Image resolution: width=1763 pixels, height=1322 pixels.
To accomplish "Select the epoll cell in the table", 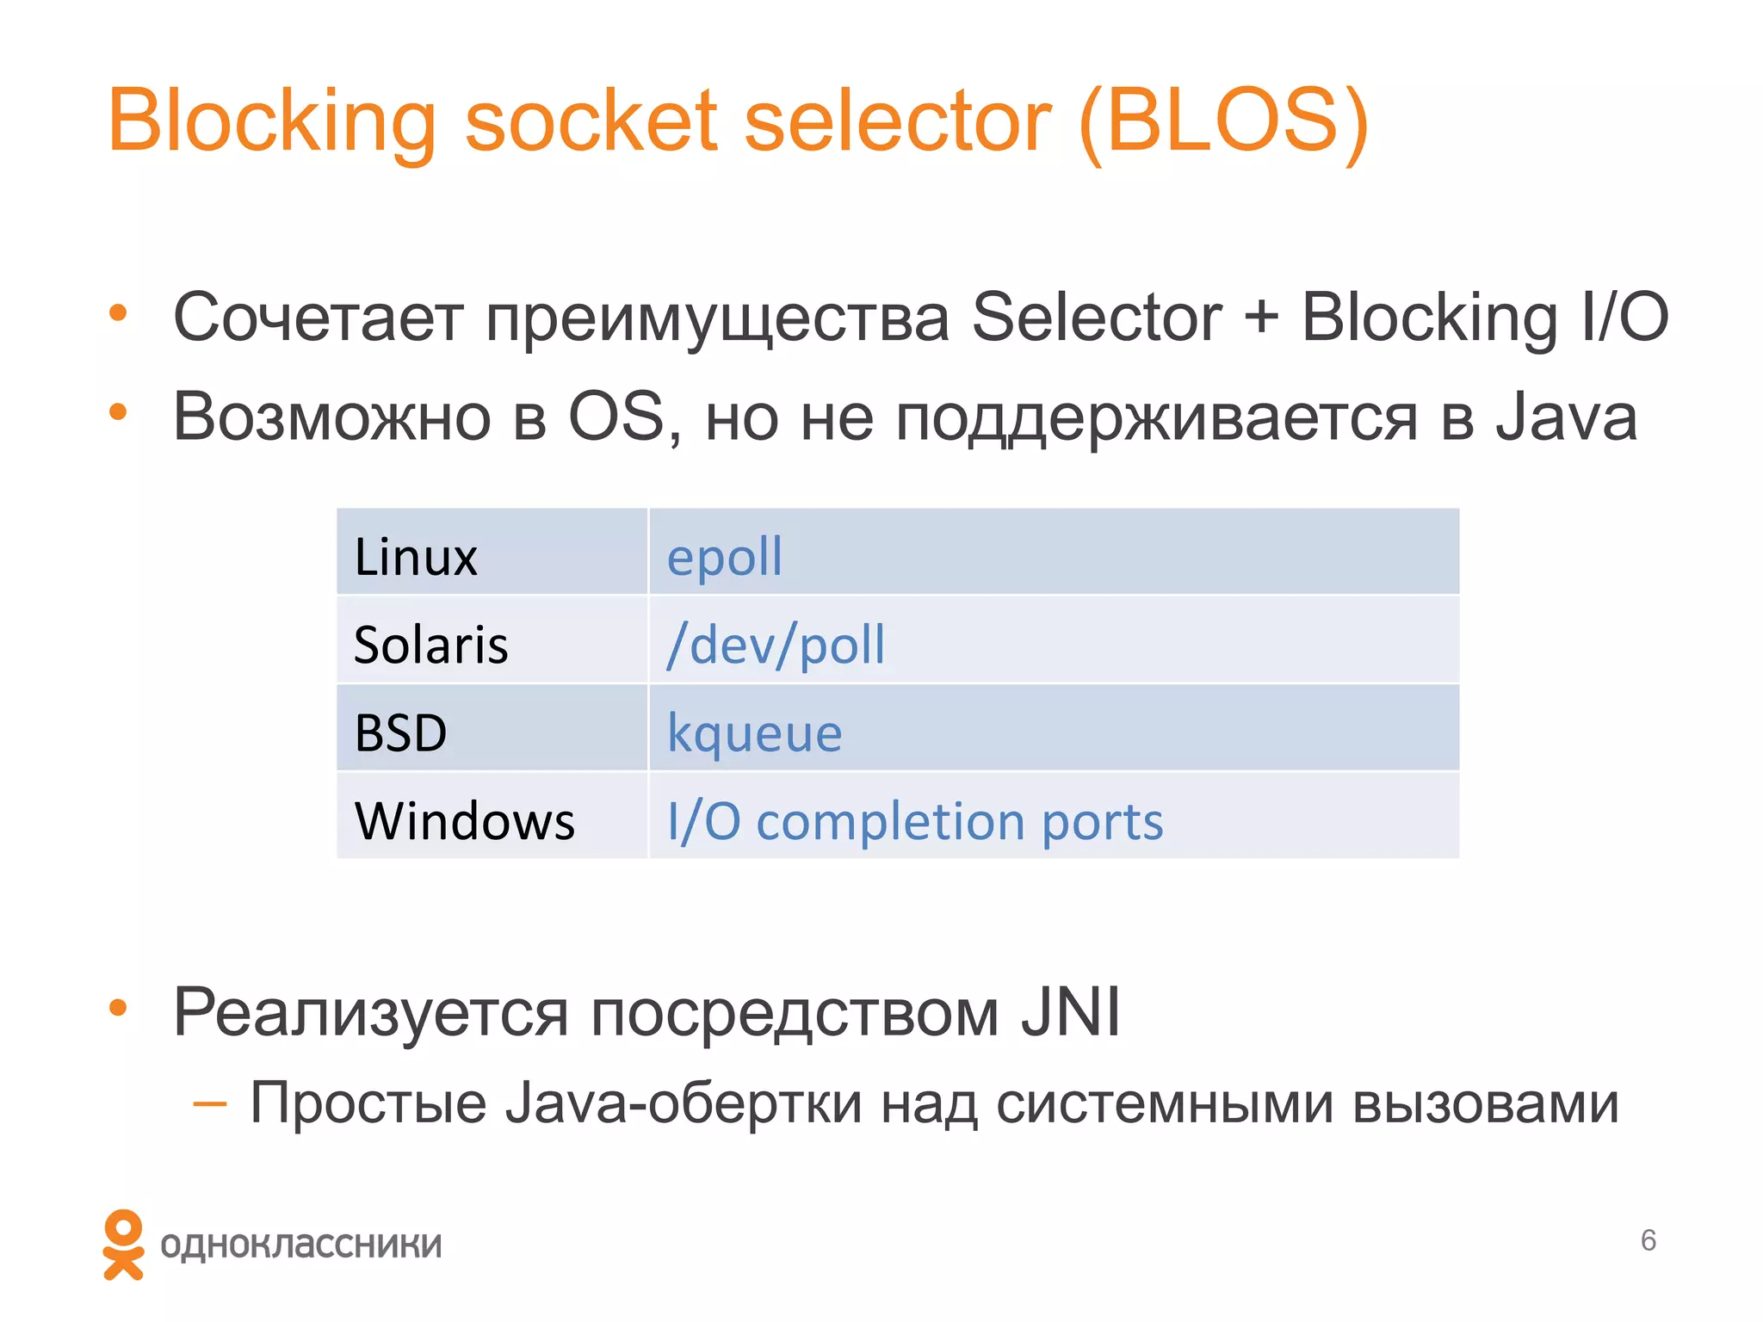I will tap(725, 557).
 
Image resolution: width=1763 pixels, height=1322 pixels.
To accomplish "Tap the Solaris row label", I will tap(430, 645).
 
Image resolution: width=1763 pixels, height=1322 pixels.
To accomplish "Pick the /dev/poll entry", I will tap(776, 645).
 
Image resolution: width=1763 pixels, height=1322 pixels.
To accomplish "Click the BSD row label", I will tap(400, 733).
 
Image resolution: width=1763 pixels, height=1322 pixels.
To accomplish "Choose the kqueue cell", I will tap(754, 734).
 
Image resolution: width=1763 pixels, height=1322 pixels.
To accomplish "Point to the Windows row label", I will tap(464, 821).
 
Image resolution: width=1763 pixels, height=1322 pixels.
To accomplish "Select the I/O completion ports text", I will tap(915, 821).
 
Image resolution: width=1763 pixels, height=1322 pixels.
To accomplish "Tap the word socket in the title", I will tap(591, 120).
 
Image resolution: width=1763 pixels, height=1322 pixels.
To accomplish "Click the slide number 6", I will tap(1648, 1240).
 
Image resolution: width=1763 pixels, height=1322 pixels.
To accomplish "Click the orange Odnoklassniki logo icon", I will tap(123, 1245).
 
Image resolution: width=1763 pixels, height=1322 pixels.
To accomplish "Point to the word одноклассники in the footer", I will tap(300, 1245).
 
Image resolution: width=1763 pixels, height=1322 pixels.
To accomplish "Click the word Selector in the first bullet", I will tap(1096, 318).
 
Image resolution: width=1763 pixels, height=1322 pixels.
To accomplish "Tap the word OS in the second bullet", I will tap(617, 417).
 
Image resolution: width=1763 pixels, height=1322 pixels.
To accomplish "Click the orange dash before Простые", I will tap(210, 1103).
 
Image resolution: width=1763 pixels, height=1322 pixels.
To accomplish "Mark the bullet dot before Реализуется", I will tap(118, 1007).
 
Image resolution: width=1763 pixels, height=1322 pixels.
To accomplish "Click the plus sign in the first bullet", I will tap(1260, 318).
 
